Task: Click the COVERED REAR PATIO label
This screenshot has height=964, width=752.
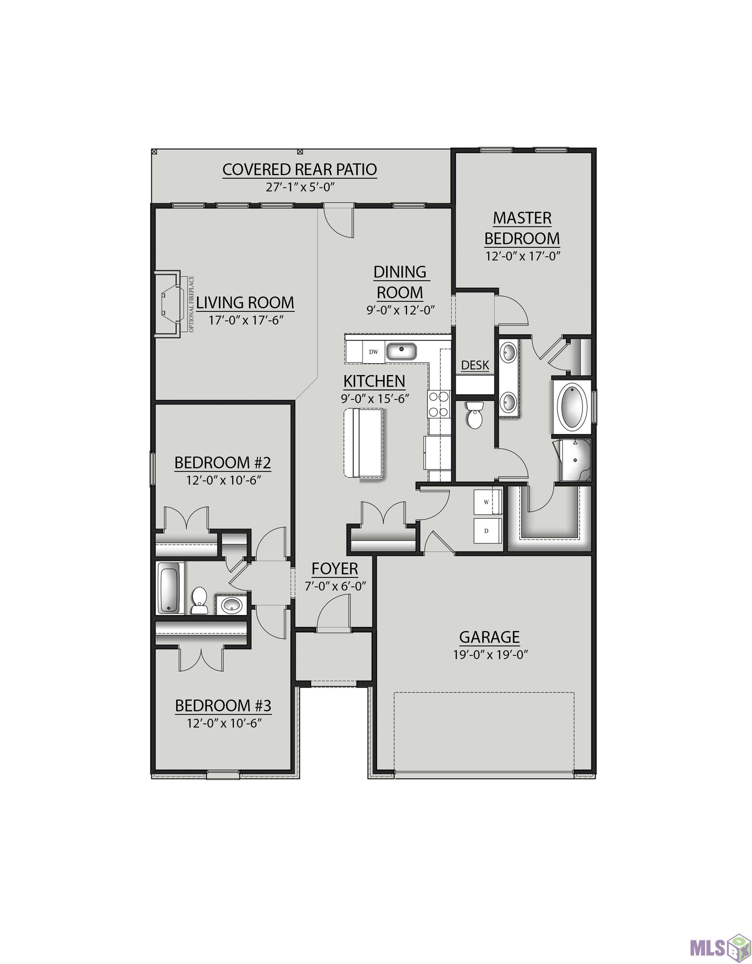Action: point(299,169)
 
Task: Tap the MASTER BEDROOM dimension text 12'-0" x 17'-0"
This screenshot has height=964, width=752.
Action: point(523,256)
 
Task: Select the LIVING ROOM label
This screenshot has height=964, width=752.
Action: point(245,303)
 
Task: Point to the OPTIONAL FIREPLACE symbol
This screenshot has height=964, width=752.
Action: point(172,305)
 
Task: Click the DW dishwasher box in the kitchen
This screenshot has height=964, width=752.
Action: point(373,352)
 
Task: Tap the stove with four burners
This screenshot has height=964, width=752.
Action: point(438,404)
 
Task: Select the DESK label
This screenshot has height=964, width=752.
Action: point(475,365)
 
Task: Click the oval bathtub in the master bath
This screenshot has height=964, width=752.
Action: point(573,405)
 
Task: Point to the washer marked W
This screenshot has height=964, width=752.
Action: point(488,502)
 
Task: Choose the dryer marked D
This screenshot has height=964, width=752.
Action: point(488,531)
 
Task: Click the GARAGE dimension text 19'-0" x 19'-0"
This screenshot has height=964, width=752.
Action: point(490,654)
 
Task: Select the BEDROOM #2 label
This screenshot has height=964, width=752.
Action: point(223,463)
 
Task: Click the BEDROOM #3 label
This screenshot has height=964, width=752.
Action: point(223,706)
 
